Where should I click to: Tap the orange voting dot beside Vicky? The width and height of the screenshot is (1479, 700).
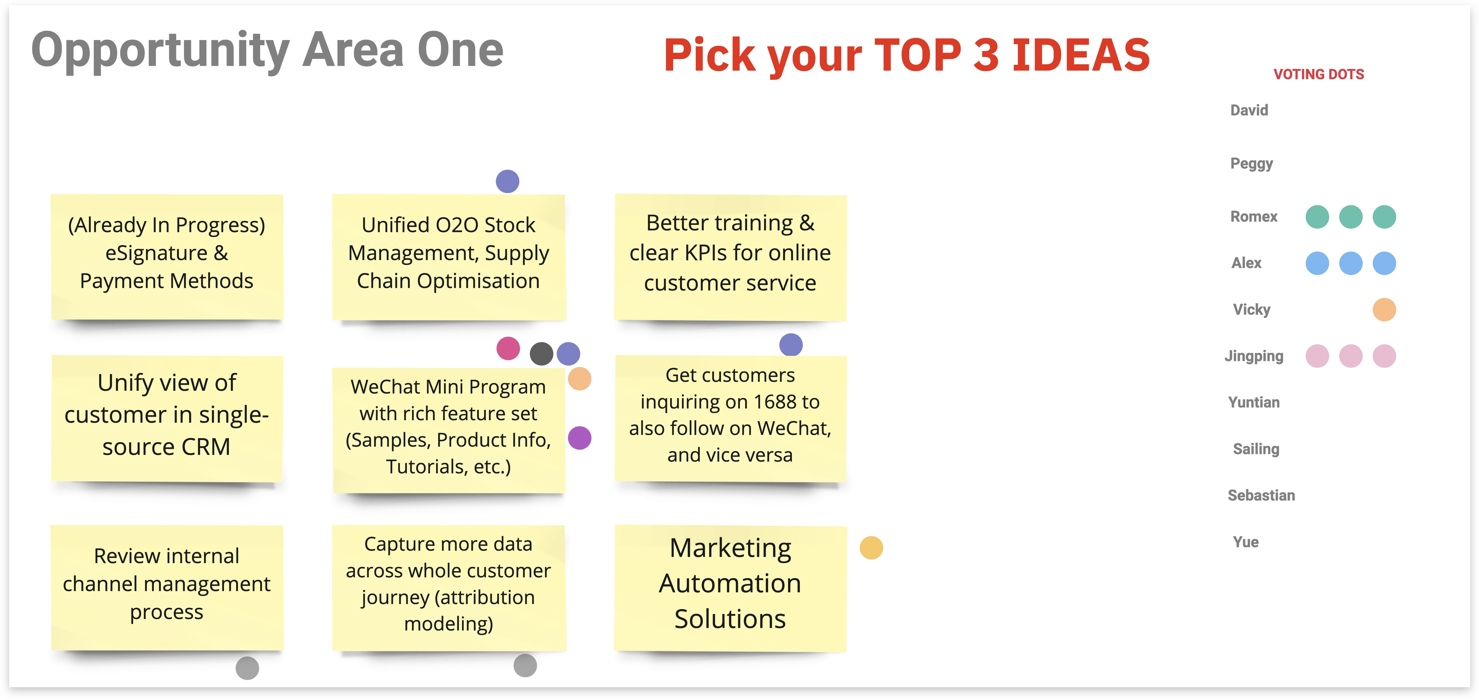(x=1384, y=310)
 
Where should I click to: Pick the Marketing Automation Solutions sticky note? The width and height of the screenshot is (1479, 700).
(x=730, y=588)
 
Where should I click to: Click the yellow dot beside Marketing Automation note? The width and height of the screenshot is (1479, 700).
(x=871, y=547)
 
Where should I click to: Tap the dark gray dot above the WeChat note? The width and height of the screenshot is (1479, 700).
(x=541, y=354)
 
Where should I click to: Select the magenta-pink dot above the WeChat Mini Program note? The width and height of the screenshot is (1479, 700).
(x=508, y=348)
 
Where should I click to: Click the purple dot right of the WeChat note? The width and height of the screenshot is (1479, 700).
(x=579, y=438)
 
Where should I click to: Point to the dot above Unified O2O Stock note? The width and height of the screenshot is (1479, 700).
(x=508, y=181)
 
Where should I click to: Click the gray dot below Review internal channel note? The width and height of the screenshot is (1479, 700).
(x=248, y=668)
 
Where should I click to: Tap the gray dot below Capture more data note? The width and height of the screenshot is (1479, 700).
(x=525, y=665)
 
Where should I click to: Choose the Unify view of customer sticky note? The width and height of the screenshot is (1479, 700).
(x=167, y=418)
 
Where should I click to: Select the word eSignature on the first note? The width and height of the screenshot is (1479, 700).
(x=156, y=253)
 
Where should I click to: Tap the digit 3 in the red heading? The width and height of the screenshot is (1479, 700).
(x=986, y=55)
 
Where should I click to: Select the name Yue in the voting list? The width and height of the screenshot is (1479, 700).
(x=1245, y=542)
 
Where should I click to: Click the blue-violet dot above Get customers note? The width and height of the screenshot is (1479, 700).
(x=791, y=345)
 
